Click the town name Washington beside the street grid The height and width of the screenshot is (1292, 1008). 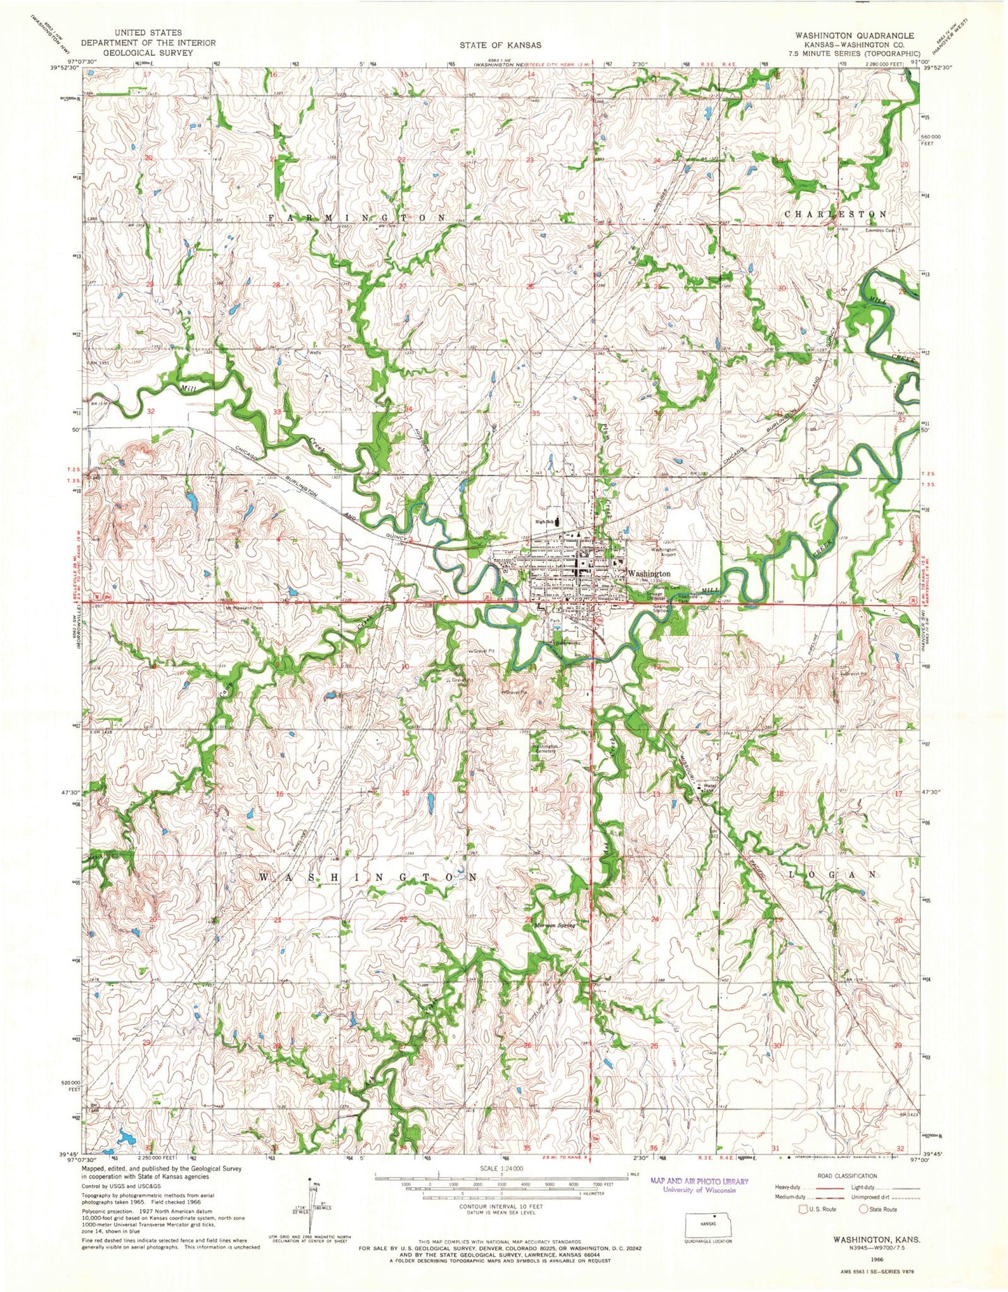tap(649, 573)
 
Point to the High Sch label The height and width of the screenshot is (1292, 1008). tap(545, 521)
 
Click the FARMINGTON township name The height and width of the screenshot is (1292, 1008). tap(357, 218)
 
